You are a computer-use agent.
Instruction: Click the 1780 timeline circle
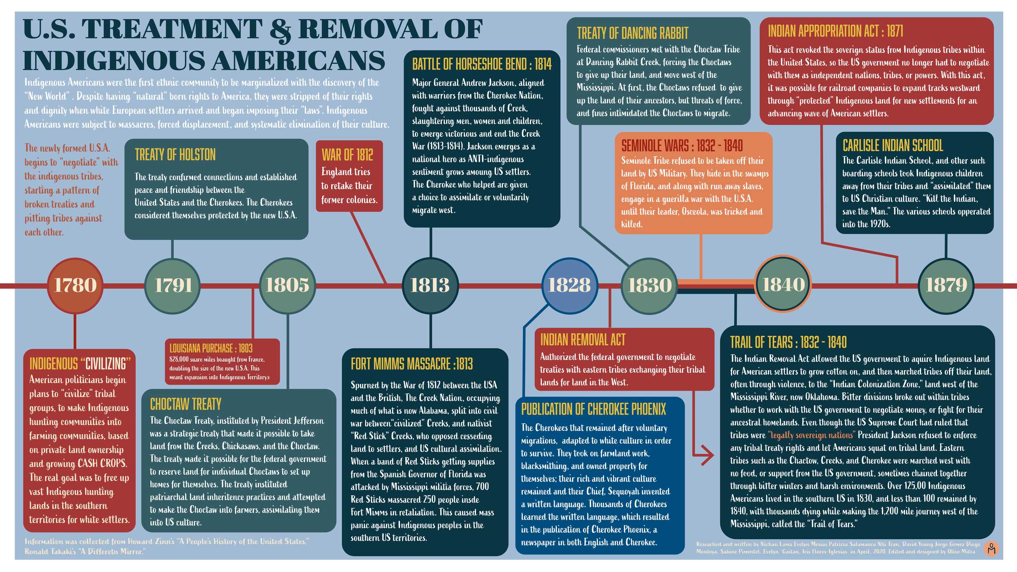(75, 286)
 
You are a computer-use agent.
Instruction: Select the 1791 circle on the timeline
(173, 286)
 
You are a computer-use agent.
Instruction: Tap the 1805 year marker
(287, 286)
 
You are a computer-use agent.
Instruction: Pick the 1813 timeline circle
(430, 286)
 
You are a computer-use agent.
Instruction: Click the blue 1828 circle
(570, 286)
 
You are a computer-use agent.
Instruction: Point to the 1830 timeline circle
(649, 286)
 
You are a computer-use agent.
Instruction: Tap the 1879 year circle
(946, 286)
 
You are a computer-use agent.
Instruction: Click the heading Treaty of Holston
(175, 155)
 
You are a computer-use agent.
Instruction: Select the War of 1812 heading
(347, 155)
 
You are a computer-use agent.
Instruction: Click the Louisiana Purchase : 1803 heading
(211, 348)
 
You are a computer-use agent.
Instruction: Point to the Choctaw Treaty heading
(186, 404)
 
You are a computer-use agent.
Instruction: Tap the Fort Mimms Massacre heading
(412, 364)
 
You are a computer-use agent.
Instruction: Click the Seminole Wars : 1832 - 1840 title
(682, 146)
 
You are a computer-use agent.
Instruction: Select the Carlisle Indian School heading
(893, 146)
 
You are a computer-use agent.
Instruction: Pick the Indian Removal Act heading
(583, 340)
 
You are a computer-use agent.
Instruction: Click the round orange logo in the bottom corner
(991, 549)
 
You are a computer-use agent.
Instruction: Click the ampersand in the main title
(280, 31)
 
